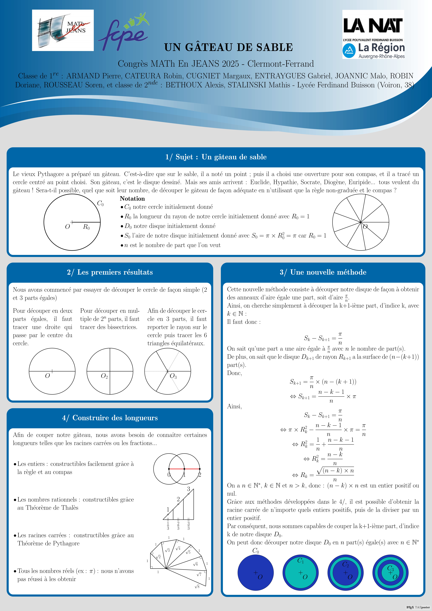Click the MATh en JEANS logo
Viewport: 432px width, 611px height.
coord(63,30)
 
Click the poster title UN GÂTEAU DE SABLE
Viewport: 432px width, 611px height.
coord(229,47)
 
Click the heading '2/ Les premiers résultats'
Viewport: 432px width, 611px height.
coord(110,272)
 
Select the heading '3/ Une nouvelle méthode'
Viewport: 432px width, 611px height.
coord(323,272)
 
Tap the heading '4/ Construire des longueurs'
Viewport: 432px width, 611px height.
coord(110,418)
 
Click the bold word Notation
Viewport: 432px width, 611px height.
coord(132,199)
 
